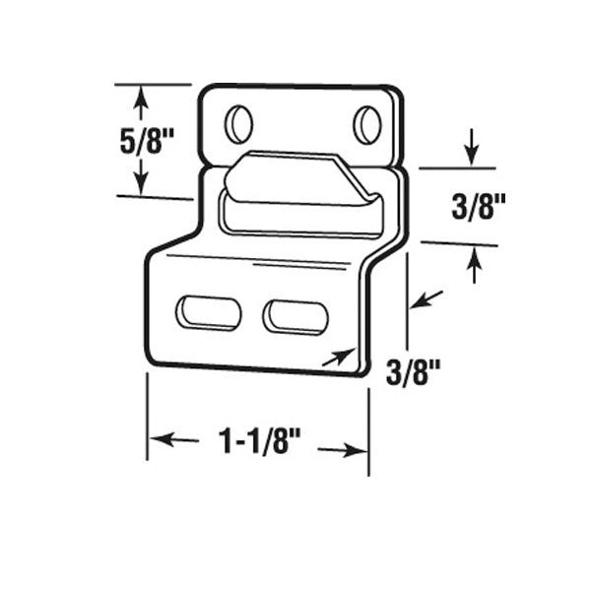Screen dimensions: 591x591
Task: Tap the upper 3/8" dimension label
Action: [x=478, y=207]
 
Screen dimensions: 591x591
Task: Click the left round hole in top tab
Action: [x=238, y=124]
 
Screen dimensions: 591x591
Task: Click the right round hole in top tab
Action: [x=366, y=124]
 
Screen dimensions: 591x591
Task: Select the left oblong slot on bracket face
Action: [x=208, y=312]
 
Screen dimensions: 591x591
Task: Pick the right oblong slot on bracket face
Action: [x=295, y=316]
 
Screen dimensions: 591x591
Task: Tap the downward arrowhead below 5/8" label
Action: [x=140, y=186]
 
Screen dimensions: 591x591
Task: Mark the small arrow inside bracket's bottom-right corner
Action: [x=337, y=357]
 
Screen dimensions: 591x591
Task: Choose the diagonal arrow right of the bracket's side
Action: [x=425, y=297]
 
